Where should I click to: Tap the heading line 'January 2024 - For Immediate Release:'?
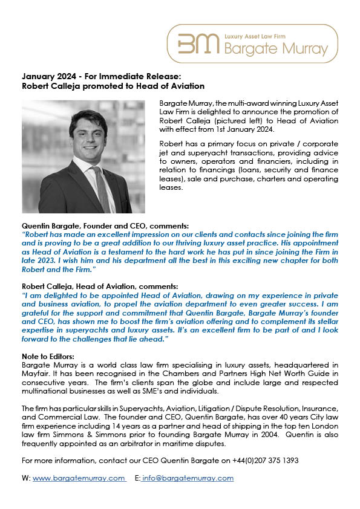[101, 77]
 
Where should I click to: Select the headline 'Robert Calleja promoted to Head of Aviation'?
[113, 86]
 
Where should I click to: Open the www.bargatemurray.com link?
[79, 478]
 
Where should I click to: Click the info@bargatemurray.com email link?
[188, 478]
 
